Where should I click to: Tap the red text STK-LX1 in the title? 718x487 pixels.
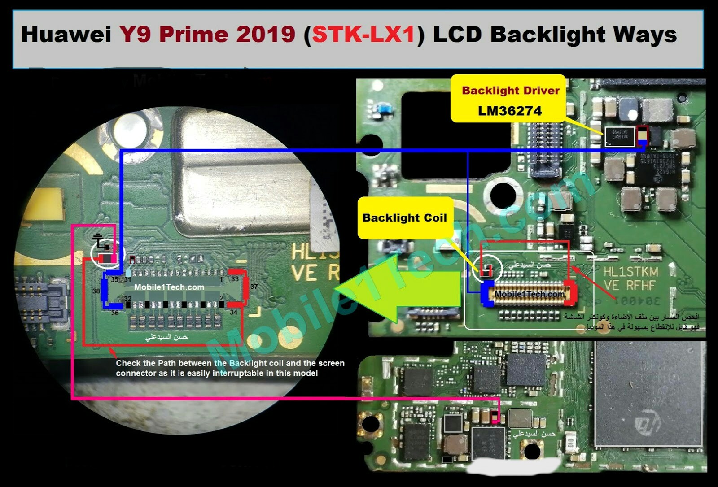pos(363,35)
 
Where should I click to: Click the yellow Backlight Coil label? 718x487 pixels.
pos(404,218)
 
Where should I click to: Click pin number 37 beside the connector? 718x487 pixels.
pos(254,287)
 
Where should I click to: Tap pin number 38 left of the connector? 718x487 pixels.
pos(96,291)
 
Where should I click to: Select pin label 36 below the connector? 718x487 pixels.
pos(115,313)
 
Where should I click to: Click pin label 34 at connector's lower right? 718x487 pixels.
pos(233,313)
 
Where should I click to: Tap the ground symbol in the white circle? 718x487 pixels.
pos(101,242)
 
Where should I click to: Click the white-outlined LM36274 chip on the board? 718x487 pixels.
pos(620,136)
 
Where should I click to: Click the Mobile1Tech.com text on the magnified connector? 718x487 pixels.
pos(169,287)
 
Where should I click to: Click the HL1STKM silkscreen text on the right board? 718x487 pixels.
pos(630,272)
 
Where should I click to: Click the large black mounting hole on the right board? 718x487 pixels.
pos(503,195)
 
